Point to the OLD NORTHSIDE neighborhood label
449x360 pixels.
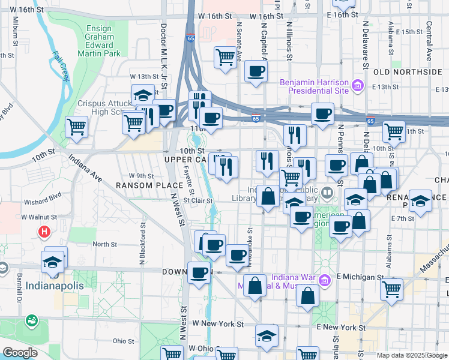pyautogui.click(x=408, y=72)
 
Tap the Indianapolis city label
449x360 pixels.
pyautogui.click(x=55, y=286)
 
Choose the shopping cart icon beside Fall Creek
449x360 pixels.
pyautogui.click(x=77, y=127)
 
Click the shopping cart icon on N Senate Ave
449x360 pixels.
pyautogui.click(x=226, y=58)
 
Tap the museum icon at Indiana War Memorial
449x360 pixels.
pyautogui.click(x=324, y=280)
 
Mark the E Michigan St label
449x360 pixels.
pyautogui.click(x=360, y=277)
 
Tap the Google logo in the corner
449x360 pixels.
pyautogui.click(x=20, y=353)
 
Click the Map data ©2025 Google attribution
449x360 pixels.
pyautogui.click(x=411, y=355)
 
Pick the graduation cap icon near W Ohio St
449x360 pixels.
pyautogui.click(x=267, y=336)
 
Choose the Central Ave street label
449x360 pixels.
pyautogui.click(x=429, y=41)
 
